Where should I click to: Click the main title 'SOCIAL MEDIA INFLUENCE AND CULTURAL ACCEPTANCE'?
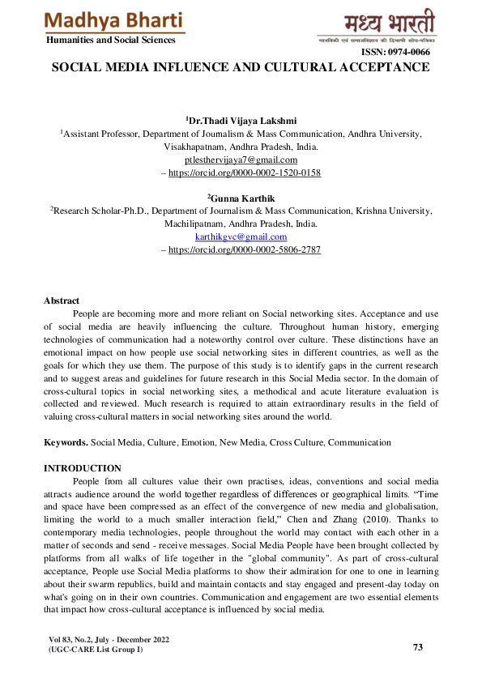(x=241, y=68)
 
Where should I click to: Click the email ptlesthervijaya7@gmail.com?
(x=241, y=160)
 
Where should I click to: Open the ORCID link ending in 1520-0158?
(x=244, y=173)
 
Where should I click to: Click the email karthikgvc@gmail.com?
(x=241, y=237)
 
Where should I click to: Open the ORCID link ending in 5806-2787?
(x=244, y=250)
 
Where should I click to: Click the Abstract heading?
(x=62, y=301)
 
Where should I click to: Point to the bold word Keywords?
(x=66, y=443)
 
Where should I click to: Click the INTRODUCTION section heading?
(x=83, y=468)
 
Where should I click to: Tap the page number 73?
(x=418, y=647)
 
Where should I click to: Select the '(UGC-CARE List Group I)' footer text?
(x=96, y=650)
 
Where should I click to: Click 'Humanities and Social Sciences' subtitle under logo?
(x=110, y=40)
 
